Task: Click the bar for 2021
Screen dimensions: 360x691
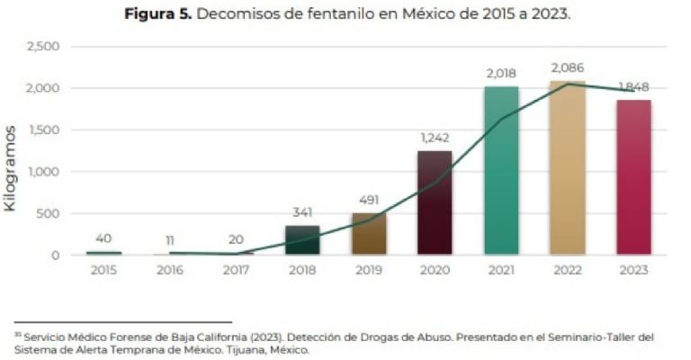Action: click(501, 171)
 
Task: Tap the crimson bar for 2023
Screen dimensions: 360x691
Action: click(633, 177)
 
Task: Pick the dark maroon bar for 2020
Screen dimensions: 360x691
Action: click(435, 202)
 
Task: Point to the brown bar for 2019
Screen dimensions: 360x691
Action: click(369, 234)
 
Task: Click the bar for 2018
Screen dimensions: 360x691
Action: click(302, 240)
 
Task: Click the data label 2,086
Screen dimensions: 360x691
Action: click(567, 67)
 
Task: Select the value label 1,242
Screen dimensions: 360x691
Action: click(435, 138)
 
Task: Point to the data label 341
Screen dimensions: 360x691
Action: click(302, 212)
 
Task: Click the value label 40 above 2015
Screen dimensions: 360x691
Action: click(103, 238)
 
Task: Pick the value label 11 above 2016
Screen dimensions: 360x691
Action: click(170, 241)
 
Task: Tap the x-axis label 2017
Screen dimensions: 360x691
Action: click(237, 270)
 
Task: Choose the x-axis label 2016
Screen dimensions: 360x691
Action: click(170, 270)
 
